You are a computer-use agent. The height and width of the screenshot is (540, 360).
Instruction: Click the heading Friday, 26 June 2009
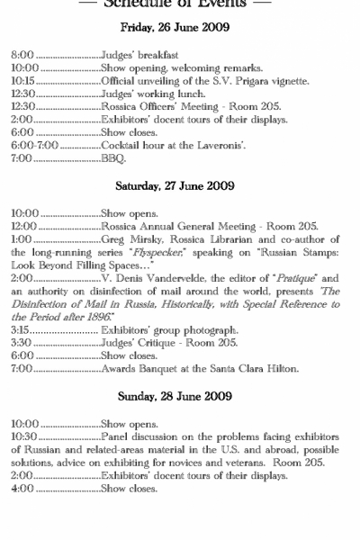pyautogui.click(x=179, y=27)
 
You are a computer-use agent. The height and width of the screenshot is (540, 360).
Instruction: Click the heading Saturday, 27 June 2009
pyautogui.click(x=179, y=186)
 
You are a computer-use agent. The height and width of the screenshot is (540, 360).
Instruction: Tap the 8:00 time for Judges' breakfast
pyautogui.click(x=21, y=56)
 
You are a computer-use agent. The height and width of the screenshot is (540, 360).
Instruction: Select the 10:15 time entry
pyautogui.click(x=22, y=81)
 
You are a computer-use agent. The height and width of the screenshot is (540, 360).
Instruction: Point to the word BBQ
pyautogui.click(x=113, y=157)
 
